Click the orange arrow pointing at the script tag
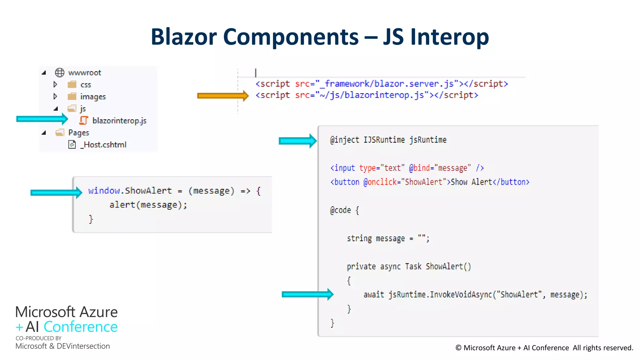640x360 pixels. (222, 96)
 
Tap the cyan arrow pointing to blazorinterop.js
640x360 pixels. (42, 119)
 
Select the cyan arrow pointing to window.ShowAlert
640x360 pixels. (56, 192)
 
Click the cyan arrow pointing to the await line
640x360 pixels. (307, 294)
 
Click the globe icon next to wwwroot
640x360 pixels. (59, 72)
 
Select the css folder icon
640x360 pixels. (72, 84)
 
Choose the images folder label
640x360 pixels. (93, 97)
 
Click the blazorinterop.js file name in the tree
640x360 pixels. (119, 121)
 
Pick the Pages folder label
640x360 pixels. (79, 133)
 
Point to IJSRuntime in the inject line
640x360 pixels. (384, 140)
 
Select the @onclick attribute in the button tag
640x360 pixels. (380, 182)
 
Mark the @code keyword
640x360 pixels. (341, 210)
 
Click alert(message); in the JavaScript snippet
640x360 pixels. (148, 205)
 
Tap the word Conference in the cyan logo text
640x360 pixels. (81, 327)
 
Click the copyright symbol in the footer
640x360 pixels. (458, 348)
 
